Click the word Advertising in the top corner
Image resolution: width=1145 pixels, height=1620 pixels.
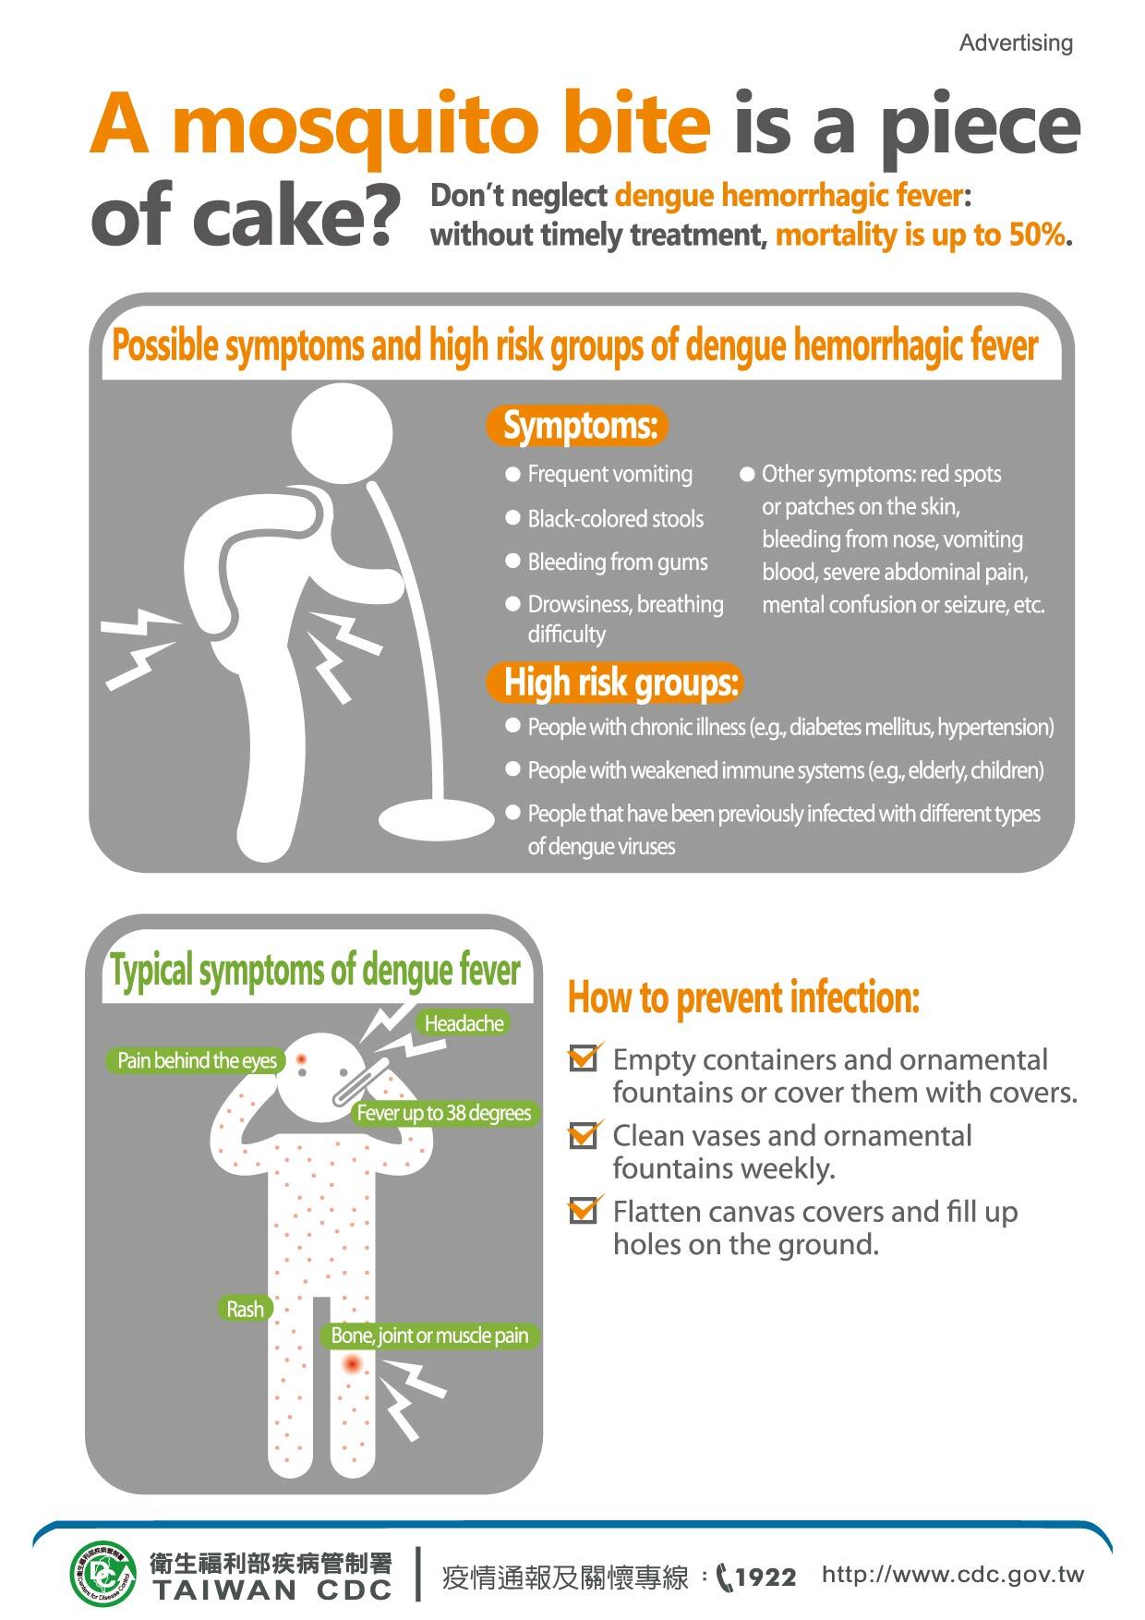coord(1016,43)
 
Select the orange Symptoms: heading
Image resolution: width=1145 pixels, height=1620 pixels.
coord(579,426)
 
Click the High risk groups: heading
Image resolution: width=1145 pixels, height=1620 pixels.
coord(616,683)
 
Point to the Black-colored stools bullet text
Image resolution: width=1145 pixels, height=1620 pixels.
coord(615,519)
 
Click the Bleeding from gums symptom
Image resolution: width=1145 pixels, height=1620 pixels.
coord(617,562)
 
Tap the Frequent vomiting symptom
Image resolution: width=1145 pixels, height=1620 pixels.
coord(609,475)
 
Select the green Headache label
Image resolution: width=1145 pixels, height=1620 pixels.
coord(464,1023)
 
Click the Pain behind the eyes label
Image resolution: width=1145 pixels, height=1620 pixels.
coord(197,1060)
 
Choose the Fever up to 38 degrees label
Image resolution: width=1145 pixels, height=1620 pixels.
coord(443,1113)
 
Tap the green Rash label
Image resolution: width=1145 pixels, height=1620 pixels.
coord(245,1309)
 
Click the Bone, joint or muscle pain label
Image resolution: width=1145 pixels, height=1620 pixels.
coord(429,1336)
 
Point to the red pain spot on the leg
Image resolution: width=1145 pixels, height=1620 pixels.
coord(351,1364)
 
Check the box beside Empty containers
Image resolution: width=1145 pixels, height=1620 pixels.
coord(583,1058)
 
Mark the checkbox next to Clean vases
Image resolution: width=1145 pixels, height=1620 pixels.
coord(583,1134)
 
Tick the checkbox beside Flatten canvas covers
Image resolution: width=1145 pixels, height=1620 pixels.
coord(583,1210)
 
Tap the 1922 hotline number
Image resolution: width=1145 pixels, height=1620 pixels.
coord(765,1577)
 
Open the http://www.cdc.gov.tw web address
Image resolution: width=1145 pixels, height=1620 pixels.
coord(953,1575)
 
